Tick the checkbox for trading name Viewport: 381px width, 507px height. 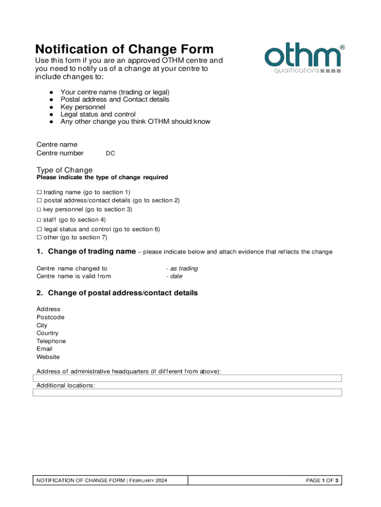(39, 192)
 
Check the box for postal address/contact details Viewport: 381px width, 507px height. (39, 201)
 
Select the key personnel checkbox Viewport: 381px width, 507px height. (39, 209)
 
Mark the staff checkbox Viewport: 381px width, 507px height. (39, 219)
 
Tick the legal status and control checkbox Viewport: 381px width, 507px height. (39, 229)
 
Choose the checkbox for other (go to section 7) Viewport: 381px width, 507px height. (39, 238)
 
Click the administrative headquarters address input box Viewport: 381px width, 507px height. (187, 378)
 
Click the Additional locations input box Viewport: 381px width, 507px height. (187, 393)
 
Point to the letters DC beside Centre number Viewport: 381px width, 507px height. (110, 153)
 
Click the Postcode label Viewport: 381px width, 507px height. (50, 317)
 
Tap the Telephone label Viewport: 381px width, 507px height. (51, 341)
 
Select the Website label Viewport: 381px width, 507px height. (48, 357)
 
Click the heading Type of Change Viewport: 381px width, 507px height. (64, 170)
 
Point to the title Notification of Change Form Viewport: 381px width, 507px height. (124, 50)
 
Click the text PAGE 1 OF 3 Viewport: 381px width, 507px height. (322, 481)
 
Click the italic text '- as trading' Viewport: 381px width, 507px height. (182, 268)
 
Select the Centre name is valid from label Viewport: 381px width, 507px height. (74, 276)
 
